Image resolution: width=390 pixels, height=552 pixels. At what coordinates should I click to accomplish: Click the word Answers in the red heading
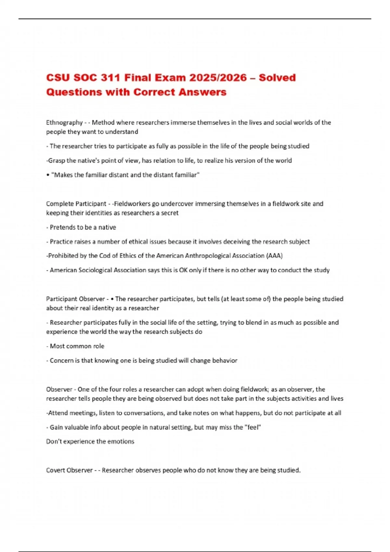click(x=202, y=92)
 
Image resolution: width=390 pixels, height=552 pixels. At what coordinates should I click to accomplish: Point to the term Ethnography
click(x=64, y=123)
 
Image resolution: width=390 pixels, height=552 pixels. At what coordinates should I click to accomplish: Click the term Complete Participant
click(x=76, y=204)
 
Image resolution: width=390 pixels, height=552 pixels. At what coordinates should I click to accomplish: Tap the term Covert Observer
click(x=69, y=470)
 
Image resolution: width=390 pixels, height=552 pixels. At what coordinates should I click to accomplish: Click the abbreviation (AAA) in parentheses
click(x=274, y=256)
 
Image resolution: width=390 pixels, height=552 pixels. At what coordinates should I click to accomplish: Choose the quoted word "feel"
click(x=253, y=427)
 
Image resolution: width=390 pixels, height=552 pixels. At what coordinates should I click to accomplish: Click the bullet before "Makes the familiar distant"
click(x=48, y=175)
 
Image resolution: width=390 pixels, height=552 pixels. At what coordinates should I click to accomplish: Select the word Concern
click(x=61, y=360)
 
